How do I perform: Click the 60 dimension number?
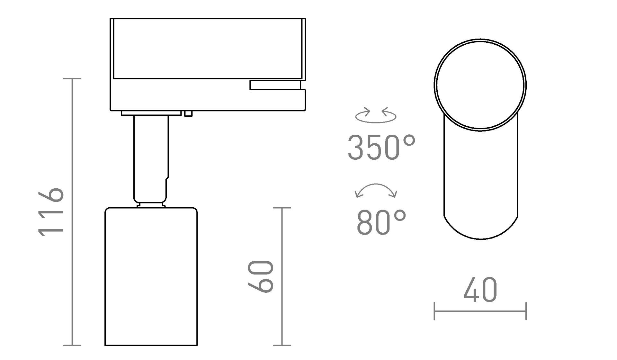coord(261,276)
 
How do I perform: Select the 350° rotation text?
coord(381,147)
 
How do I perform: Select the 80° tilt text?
coord(381,222)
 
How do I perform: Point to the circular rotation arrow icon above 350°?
coord(376,115)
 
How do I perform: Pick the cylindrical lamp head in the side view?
coord(151,276)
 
